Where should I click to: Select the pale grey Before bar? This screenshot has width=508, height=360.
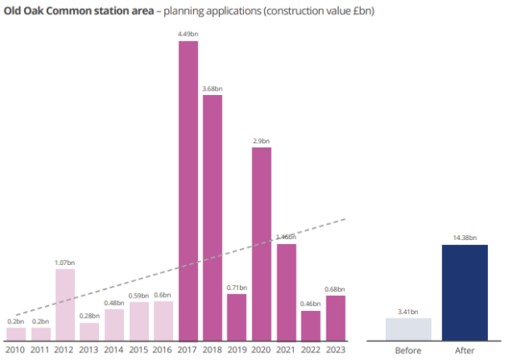(408, 329)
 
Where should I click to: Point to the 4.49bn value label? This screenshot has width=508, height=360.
(188, 34)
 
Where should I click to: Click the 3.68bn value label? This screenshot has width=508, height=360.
(212, 88)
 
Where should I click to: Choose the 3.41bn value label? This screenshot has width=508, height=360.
(408, 312)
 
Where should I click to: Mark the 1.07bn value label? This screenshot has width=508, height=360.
(65, 263)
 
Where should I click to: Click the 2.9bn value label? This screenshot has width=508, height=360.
(261, 141)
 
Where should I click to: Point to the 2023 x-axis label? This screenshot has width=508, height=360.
(336, 351)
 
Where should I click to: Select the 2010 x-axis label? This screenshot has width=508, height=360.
(16, 351)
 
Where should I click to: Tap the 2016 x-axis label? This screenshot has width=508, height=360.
(163, 351)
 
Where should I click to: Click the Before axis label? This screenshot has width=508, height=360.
(408, 351)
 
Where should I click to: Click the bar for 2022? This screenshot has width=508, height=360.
(311, 325)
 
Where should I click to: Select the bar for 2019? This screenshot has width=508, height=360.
(237, 317)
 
